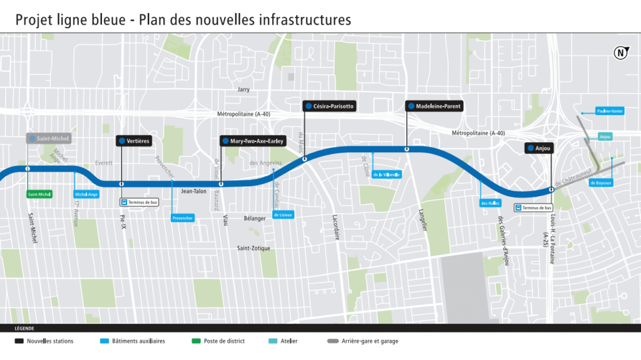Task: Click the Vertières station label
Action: tap(134, 141)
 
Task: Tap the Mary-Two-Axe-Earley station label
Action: tap(254, 141)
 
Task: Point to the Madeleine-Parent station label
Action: tap(434, 106)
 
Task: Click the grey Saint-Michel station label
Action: tap(49, 138)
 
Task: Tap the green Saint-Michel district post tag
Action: tap(39, 195)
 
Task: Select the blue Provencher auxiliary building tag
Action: tap(183, 218)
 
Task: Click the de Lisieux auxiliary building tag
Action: tap(283, 214)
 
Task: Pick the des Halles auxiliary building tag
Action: tap(491, 203)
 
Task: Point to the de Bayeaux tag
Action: tap(601, 183)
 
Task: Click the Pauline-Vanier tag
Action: tap(609, 111)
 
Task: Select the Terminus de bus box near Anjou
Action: tap(534, 208)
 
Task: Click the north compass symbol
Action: tap(620, 53)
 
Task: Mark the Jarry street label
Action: tap(244, 90)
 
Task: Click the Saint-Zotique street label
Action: tap(254, 249)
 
